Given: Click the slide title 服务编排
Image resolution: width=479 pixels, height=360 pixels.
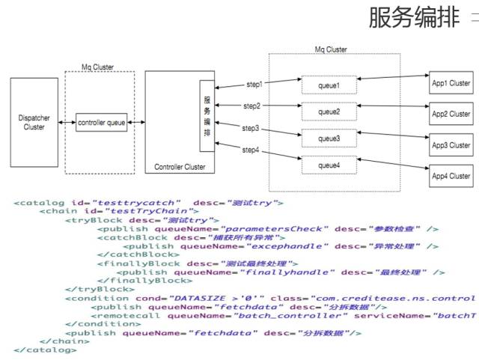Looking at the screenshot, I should click(x=413, y=19).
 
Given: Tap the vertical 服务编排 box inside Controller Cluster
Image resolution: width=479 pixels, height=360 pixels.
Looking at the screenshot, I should click(x=207, y=115).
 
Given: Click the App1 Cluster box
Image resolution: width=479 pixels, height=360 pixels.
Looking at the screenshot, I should click(x=451, y=83).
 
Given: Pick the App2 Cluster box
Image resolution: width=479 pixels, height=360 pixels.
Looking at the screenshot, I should click(x=451, y=114).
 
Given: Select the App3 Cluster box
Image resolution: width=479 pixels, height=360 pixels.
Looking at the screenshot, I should click(x=451, y=144).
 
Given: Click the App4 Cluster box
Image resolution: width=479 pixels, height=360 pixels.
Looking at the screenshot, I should click(x=451, y=176).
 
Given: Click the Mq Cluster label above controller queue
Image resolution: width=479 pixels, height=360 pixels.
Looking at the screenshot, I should click(x=98, y=67).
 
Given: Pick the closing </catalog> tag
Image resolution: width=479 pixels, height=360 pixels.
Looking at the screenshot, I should click(x=44, y=349).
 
